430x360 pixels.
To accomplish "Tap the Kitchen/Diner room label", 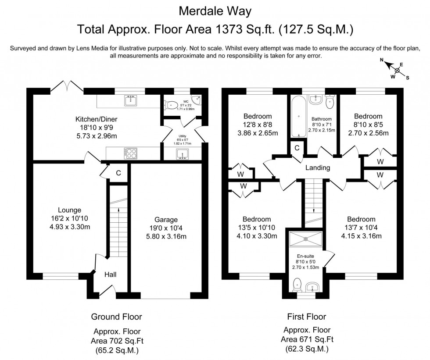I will click(x=96, y=119).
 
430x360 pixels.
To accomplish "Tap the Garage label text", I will click(x=166, y=220).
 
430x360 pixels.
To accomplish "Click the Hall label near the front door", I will click(x=110, y=274).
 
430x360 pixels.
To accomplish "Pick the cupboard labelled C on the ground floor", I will click(x=118, y=173).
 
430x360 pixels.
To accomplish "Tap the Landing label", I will click(x=318, y=168).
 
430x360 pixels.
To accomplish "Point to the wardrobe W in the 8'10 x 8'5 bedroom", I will click(x=380, y=161).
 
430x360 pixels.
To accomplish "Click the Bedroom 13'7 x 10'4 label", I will click(x=361, y=219).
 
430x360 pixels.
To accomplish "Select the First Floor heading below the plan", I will click(x=306, y=316).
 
